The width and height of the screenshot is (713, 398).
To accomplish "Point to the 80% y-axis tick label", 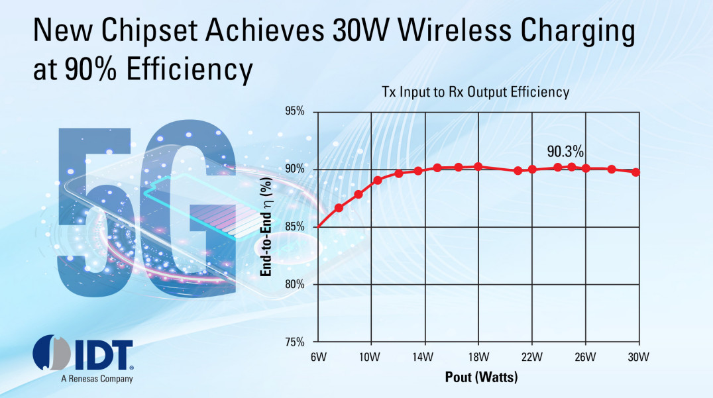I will (x=292, y=285).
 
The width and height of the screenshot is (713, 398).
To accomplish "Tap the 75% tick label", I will (x=292, y=342).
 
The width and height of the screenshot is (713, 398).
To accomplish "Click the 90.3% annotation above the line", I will (x=565, y=152).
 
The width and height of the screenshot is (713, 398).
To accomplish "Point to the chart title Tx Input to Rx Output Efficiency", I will (x=475, y=92).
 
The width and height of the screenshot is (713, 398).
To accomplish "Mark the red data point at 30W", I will (x=636, y=172).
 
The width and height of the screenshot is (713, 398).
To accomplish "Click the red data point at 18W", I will (x=478, y=166).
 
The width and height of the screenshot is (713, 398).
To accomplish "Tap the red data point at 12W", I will (x=399, y=174).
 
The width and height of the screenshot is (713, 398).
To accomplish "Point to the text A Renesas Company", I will (x=97, y=379).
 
